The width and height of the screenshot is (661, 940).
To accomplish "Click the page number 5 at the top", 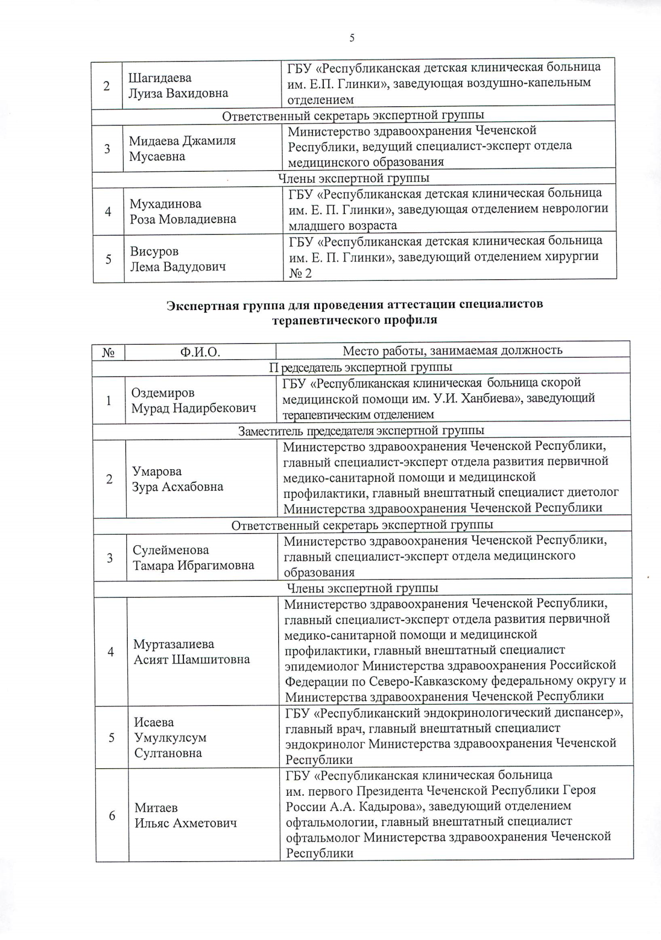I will coord(352,38).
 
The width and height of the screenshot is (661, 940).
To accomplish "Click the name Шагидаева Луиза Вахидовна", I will coord(178,85).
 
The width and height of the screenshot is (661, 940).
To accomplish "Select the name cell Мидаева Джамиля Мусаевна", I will coord(182,148).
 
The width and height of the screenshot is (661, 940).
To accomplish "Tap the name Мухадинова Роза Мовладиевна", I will coord(183,211).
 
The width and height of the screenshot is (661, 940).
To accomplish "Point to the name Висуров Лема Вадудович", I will coord(178,259).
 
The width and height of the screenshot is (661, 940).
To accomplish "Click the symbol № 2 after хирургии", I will coord(301,273).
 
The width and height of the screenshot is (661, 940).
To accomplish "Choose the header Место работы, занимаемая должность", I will coord(452,350).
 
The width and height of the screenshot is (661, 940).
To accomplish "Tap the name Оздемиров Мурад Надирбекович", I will coord(193,400).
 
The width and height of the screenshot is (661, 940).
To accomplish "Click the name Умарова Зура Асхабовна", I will coord(177,479).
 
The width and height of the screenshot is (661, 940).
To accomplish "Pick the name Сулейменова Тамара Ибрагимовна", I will coord(193,557).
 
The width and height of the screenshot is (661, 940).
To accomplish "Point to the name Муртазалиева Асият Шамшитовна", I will coord(191,651).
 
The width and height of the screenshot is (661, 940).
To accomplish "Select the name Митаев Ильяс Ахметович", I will coord(185,815).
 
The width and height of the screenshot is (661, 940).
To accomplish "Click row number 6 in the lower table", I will coord(112,815).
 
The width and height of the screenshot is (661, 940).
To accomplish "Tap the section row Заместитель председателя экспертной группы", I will coord(361,431).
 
